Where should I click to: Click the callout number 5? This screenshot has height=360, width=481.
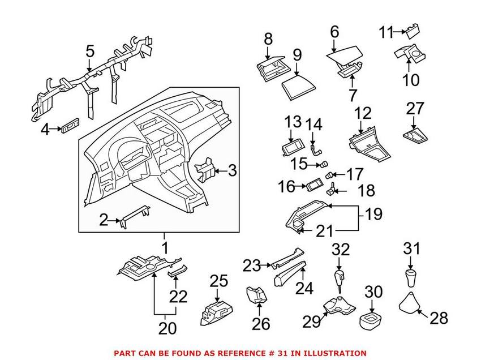pyautogui.click(x=90, y=52)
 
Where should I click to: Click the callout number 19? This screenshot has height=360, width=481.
pyautogui.click(x=373, y=215)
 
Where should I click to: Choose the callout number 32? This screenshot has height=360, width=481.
pyautogui.click(x=340, y=249)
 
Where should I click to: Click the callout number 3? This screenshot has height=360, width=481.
pyautogui.click(x=232, y=170)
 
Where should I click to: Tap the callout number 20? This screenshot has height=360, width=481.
pyautogui.click(x=168, y=328)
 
